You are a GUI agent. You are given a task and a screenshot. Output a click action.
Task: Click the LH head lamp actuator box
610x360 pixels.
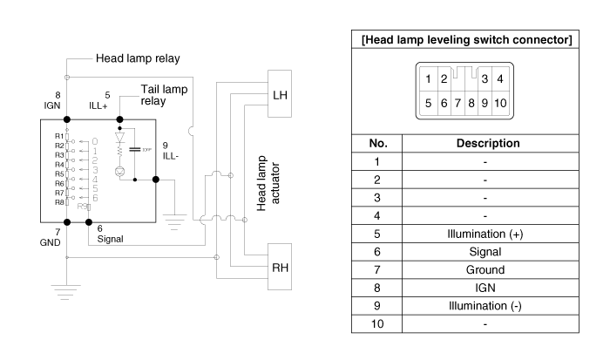[281, 92]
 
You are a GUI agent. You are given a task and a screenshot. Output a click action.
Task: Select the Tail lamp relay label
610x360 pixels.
[164, 95]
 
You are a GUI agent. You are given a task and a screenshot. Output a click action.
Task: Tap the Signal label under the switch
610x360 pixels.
[110, 237]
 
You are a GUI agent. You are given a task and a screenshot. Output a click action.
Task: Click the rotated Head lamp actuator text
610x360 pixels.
[262, 180]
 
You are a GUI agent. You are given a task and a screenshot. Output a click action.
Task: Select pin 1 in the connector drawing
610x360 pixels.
[429, 79]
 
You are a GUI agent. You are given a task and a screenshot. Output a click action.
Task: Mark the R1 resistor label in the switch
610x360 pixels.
[59, 136]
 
